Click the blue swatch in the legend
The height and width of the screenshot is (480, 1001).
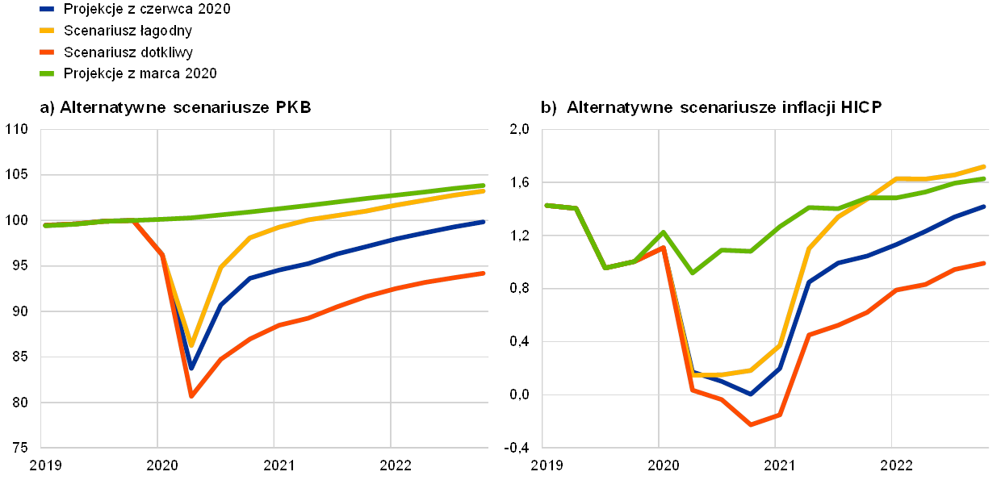(48, 10)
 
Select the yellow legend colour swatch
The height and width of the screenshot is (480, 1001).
(48, 31)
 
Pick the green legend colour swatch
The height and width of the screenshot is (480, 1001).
(48, 73)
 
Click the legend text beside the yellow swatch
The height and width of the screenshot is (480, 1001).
(128, 31)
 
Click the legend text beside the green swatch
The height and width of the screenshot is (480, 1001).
(142, 73)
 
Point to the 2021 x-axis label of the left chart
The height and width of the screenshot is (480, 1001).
(274, 465)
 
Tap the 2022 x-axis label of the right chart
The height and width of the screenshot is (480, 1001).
(892, 465)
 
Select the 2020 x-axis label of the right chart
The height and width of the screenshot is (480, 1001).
(660, 465)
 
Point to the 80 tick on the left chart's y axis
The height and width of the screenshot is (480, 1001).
(17, 402)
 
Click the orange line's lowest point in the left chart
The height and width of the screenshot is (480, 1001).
(191, 396)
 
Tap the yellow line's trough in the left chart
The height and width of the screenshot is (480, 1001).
(191, 344)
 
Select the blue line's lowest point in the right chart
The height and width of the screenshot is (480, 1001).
(751, 394)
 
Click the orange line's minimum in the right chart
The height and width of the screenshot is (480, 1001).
(751, 424)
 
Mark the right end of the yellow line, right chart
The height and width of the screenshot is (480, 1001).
(985, 166)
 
